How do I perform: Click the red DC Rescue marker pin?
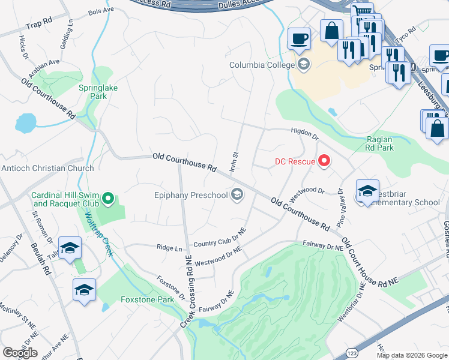(x=325, y=160)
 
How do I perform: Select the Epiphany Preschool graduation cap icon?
(x=237, y=194)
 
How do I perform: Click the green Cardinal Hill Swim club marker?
(x=108, y=197)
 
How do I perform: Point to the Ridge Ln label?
(x=169, y=248)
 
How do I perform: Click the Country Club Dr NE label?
(x=220, y=238)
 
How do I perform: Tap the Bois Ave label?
(x=100, y=11)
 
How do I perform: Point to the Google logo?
(x=20, y=353)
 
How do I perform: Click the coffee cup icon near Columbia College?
(x=299, y=40)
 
